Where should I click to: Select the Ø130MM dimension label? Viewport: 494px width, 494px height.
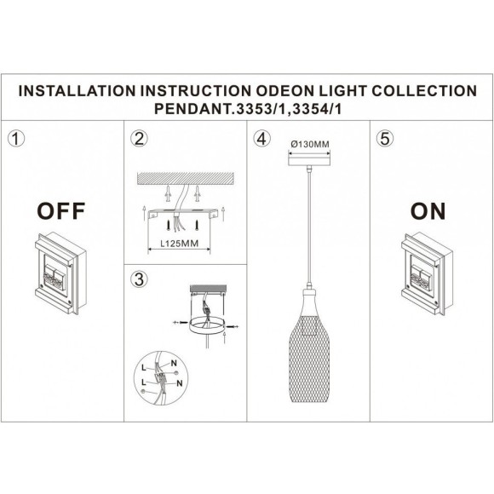(308, 144)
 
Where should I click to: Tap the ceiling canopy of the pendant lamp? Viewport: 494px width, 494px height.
(308, 160)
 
